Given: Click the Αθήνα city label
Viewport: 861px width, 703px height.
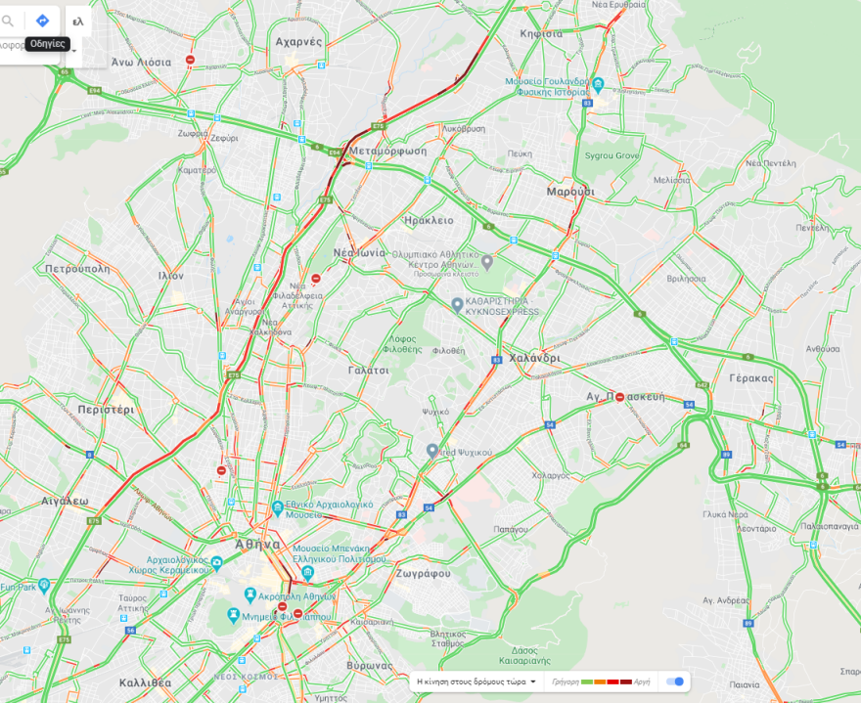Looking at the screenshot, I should (258, 545).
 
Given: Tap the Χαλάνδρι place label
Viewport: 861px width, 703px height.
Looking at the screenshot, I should (534, 358).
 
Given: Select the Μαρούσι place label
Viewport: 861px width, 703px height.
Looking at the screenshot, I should (570, 192).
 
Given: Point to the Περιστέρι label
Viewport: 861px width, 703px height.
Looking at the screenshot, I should (106, 411).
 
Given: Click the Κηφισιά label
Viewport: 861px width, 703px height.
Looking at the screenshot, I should (541, 33).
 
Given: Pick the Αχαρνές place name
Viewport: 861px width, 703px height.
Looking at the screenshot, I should (299, 42).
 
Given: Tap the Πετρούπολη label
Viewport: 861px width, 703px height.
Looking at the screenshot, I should (74, 267).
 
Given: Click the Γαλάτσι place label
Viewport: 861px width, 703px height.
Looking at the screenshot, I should (369, 371).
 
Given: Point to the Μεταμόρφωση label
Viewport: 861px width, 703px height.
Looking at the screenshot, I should (387, 152).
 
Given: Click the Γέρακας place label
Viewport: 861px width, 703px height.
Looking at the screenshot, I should (750, 378).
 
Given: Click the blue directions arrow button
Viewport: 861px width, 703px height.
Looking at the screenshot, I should (42, 21).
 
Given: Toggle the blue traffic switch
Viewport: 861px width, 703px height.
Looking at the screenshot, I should (674, 681).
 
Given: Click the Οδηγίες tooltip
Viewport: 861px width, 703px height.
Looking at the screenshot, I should (46, 44).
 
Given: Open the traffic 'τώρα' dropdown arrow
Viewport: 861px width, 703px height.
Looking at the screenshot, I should (534, 681).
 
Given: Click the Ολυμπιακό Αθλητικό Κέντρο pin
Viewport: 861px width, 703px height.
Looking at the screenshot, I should (486, 261).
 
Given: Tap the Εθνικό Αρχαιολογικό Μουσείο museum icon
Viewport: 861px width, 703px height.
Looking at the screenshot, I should (278, 508).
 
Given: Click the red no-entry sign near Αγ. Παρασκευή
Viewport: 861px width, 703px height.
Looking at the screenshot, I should (620, 398).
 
